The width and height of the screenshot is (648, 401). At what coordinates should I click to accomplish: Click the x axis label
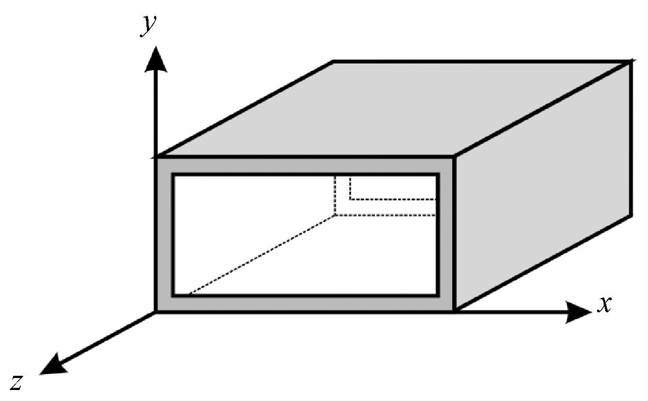tap(604, 304)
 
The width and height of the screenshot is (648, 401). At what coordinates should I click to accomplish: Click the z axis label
tap(16, 382)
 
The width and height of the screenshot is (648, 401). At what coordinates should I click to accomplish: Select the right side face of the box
tap(543, 186)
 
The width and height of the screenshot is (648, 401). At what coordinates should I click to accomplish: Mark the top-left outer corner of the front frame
tap(157, 158)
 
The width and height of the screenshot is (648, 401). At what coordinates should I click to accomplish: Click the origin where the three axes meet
tap(157, 312)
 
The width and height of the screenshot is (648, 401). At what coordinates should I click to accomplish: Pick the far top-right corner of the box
tap(632, 62)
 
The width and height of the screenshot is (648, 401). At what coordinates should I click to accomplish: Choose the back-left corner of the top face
tap(333, 62)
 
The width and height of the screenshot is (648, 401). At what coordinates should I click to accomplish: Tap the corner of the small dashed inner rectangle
tap(350, 199)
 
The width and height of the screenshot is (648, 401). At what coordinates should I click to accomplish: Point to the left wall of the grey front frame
tap(164, 236)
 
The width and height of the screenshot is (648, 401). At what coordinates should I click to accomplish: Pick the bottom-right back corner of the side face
tap(632, 215)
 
